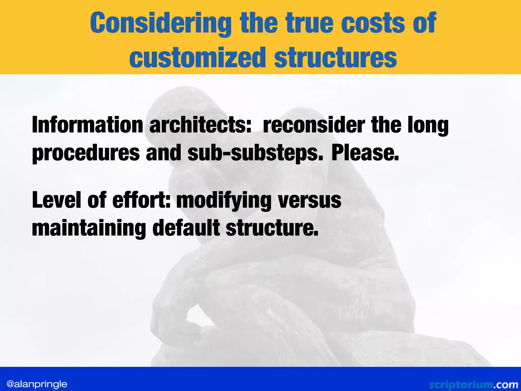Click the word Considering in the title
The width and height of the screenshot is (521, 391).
(161, 23)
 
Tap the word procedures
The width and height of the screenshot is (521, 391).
(86, 153)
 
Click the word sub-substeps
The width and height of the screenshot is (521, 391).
(255, 153)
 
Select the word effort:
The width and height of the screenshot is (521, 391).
(141, 200)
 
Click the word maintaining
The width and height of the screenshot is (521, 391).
(89, 228)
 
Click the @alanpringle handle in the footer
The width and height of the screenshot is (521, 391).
(37, 384)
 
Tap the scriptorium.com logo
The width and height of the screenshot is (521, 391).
(473, 385)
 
